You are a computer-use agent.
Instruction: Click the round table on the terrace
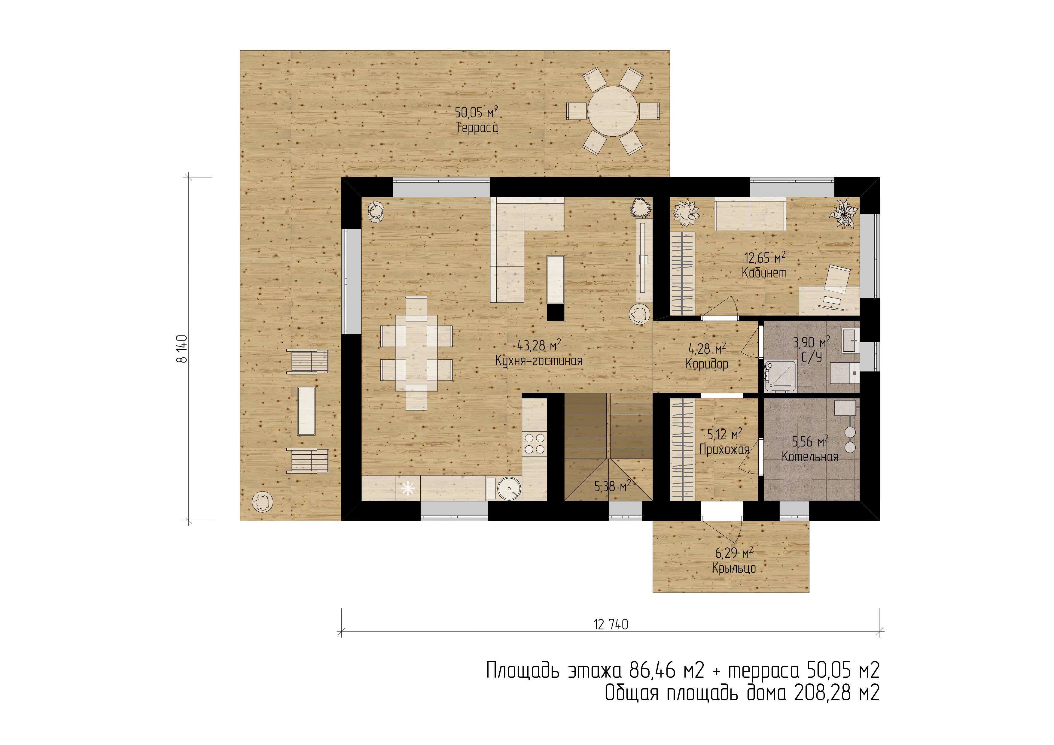coord(613,111)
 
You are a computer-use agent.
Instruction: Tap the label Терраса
coord(477,128)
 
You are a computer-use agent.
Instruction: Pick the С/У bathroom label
coord(812,357)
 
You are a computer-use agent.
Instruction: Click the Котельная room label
coord(810,456)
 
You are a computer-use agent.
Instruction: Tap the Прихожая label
coord(724,450)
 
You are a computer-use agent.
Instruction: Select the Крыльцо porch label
coord(734,568)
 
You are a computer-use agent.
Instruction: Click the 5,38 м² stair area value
coord(612,486)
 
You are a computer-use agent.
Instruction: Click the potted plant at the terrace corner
coord(263,501)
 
